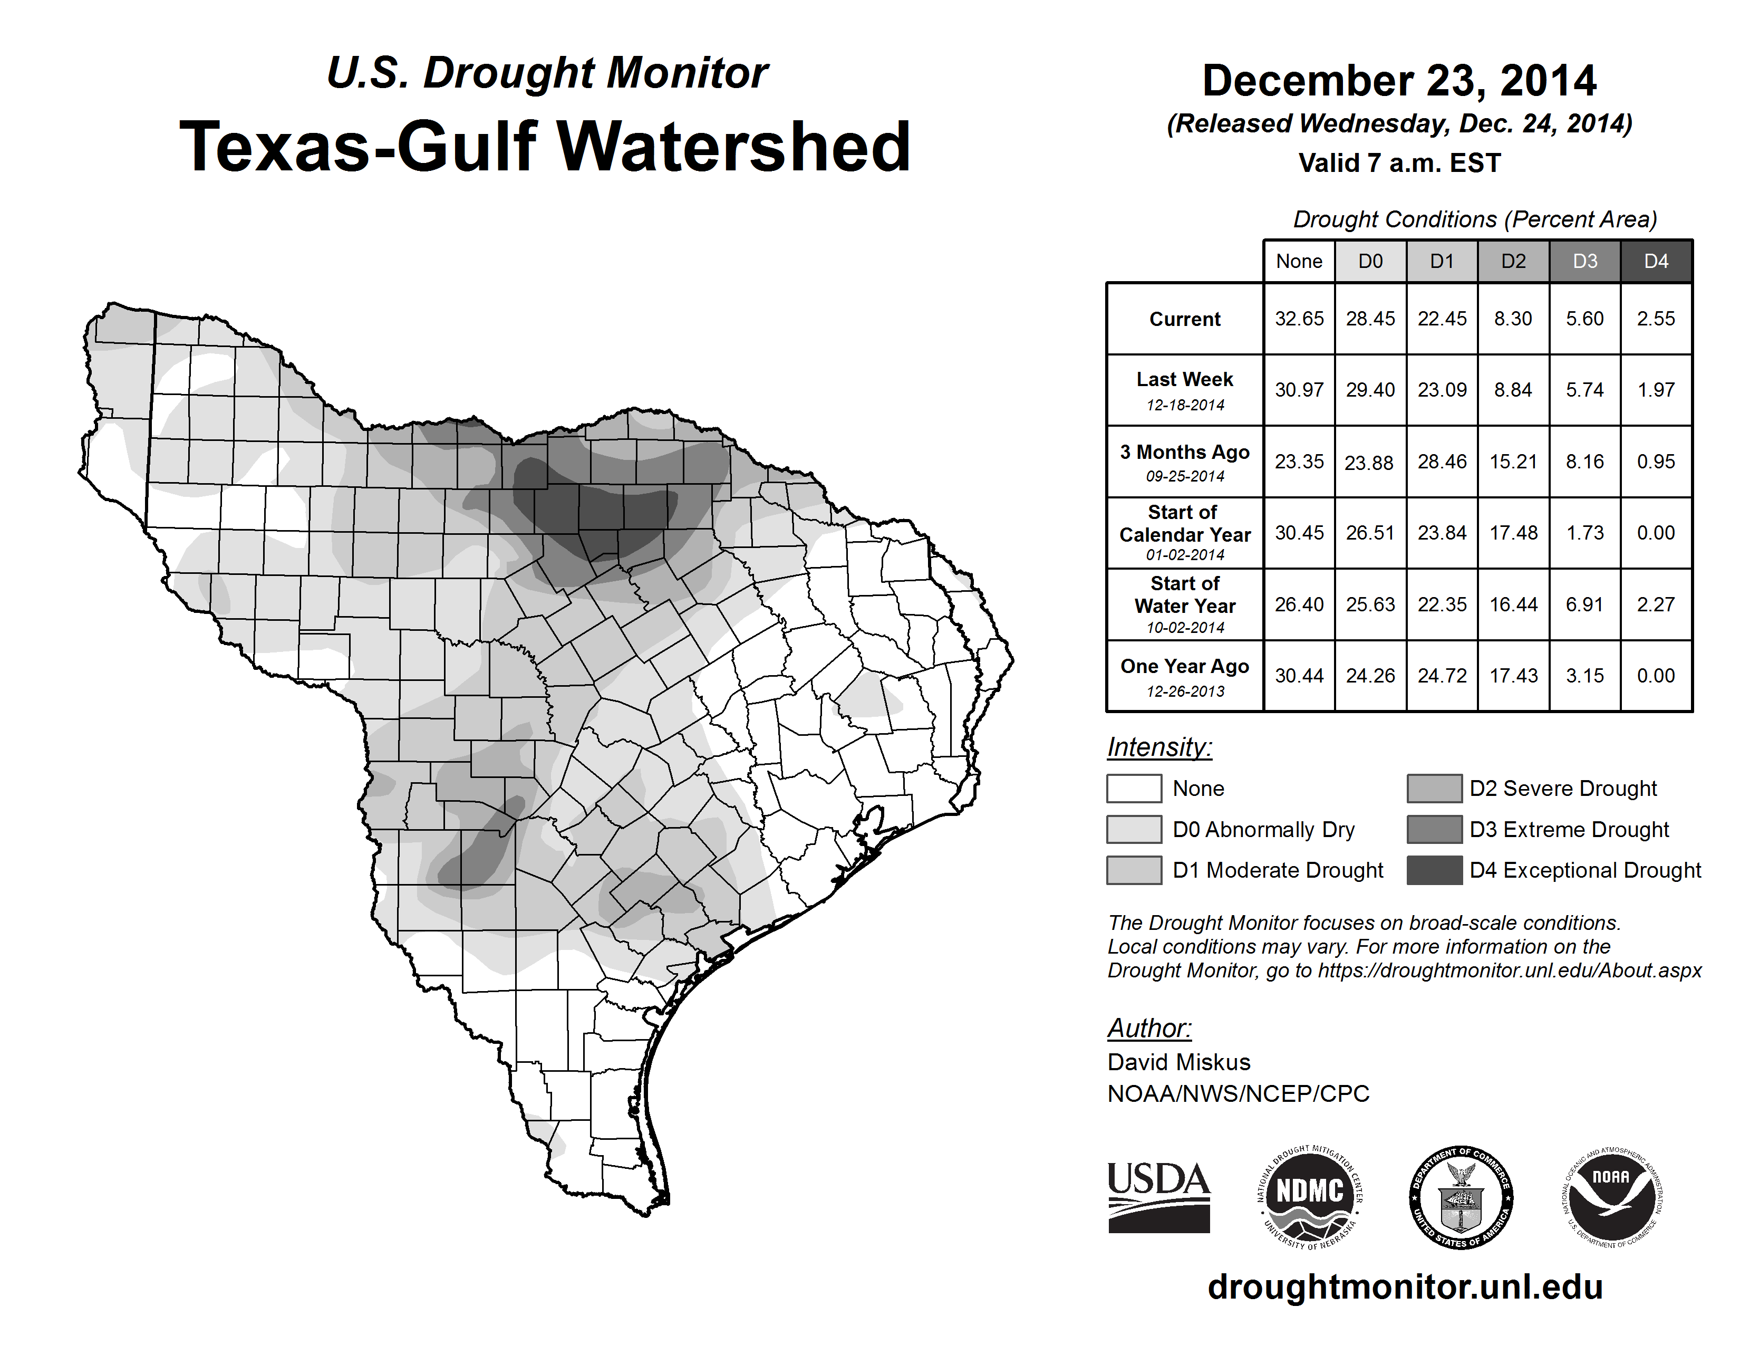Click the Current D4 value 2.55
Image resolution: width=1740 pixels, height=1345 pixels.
1656,319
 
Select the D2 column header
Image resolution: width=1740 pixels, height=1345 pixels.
1513,261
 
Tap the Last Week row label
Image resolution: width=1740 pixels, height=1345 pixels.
1185,390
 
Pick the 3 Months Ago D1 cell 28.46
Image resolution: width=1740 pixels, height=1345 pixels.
1441,462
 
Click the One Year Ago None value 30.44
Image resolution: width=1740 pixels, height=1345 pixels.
1299,676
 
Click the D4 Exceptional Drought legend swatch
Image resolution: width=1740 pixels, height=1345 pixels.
1434,870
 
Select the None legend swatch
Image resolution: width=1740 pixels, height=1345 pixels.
1134,788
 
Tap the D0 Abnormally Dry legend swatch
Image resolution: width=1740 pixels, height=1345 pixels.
1134,829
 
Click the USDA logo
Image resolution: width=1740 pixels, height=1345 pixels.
1158,1197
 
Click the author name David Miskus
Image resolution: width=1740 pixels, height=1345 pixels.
1178,1062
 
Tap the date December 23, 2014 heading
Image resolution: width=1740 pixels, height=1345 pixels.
1399,81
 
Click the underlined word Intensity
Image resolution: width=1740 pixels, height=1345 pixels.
1159,747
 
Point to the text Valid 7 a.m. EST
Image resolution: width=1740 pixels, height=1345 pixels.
1399,164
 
